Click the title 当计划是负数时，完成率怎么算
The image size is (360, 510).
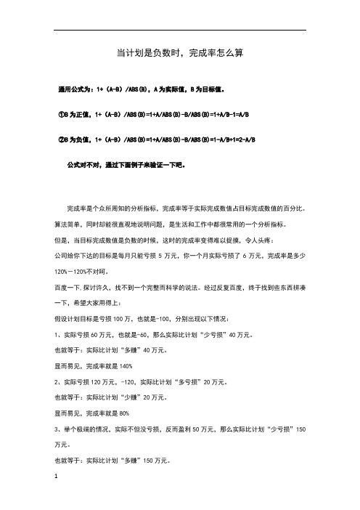click(x=179, y=53)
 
